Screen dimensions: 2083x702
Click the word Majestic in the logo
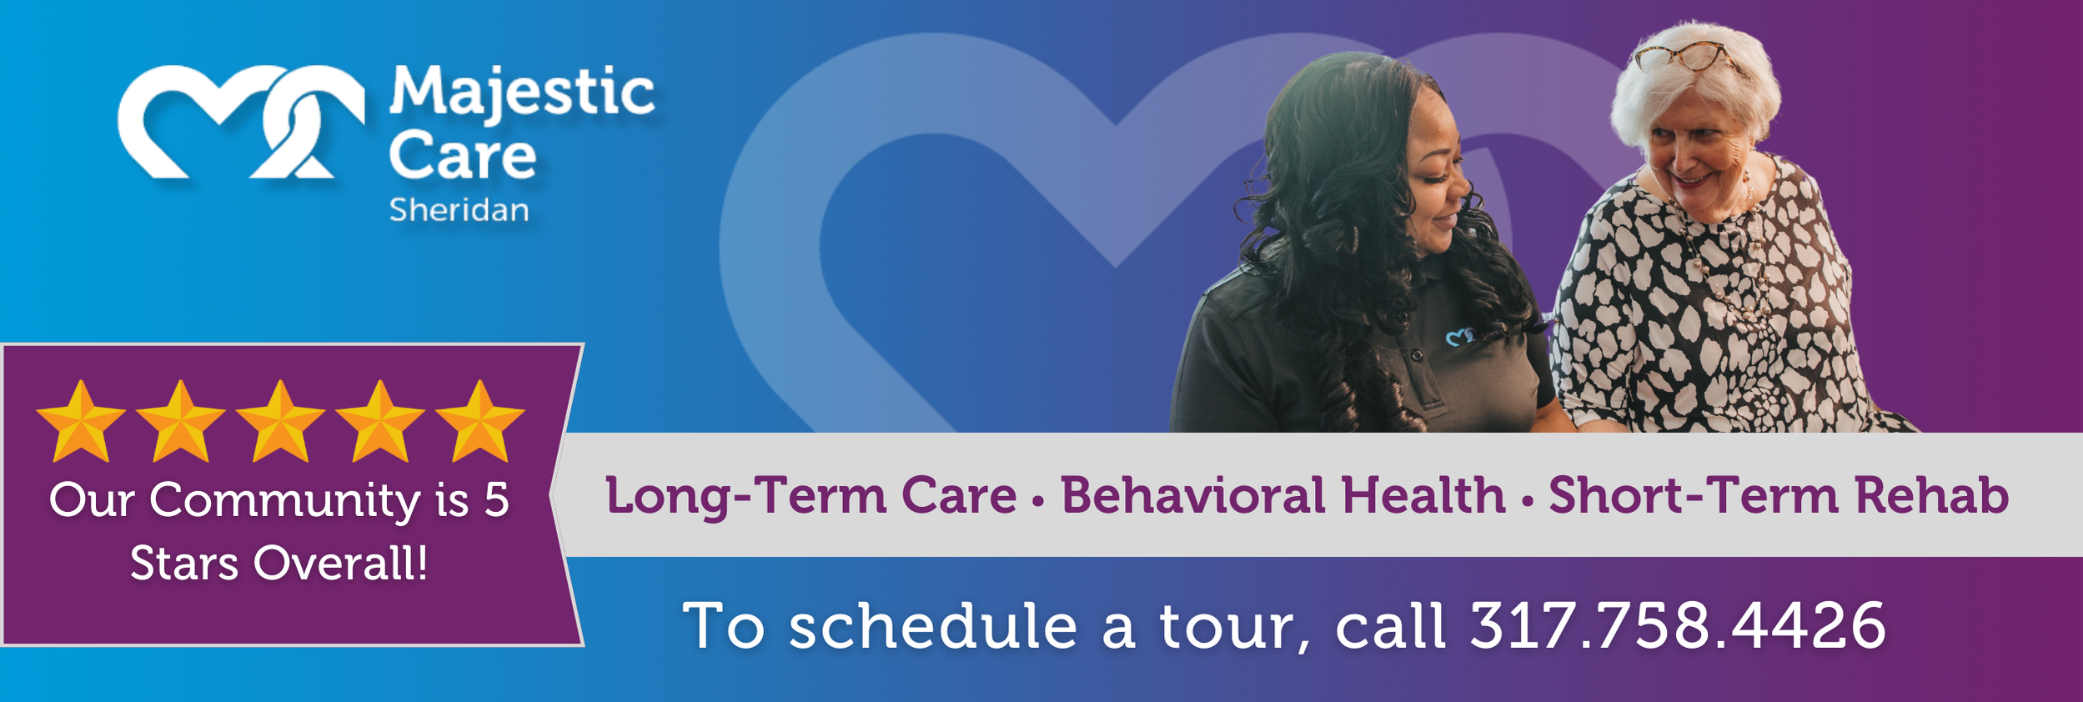[522, 94]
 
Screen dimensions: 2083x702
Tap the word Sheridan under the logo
[459, 210]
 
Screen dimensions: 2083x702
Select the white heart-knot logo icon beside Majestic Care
[241, 122]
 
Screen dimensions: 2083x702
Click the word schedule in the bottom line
[933, 625]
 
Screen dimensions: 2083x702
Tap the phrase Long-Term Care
[811, 496]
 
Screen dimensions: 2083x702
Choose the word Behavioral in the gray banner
[1192, 495]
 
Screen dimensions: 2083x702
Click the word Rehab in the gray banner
[1932, 495]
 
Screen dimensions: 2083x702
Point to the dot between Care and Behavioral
[1038, 501]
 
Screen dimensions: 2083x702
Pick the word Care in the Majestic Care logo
[463, 156]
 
